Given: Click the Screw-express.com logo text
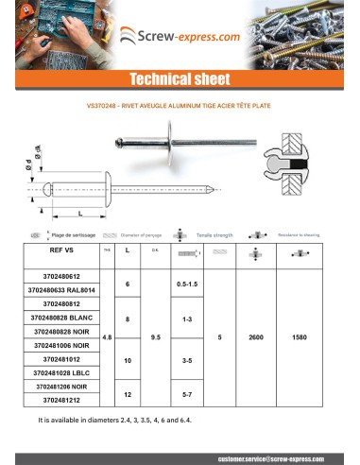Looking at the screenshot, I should tap(188, 38).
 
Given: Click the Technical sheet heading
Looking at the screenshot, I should tap(180, 78).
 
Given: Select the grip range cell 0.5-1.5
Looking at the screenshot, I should tap(186, 283).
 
